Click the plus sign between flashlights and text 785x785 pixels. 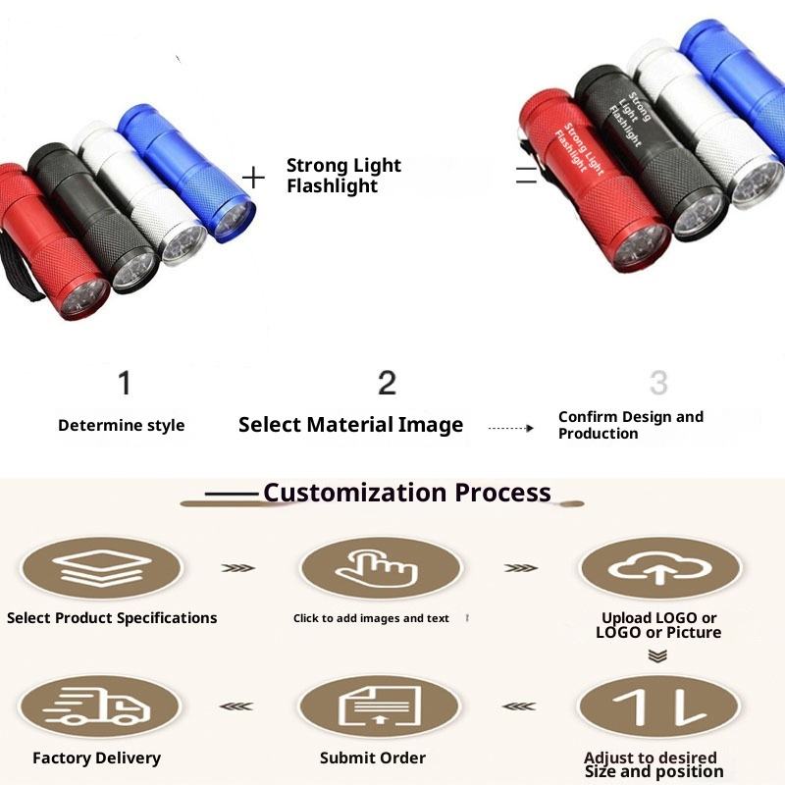[x=254, y=177]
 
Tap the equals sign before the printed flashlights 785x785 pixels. [x=527, y=177]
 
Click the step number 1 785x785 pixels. [x=124, y=383]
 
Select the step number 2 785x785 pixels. [x=387, y=383]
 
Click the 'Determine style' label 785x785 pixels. [x=121, y=425]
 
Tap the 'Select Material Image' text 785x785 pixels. [x=350, y=425]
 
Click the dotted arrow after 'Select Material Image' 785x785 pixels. [x=510, y=428]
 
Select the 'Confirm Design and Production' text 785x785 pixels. [x=630, y=425]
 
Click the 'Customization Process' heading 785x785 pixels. [x=406, y=492]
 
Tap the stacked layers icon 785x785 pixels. [x=100, y=568]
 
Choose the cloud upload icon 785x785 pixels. [x=658, y=568]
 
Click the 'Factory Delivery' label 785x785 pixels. [x=96, y=758]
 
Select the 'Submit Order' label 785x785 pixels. [x=373, y=758]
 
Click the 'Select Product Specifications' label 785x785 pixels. [x=112, y=618]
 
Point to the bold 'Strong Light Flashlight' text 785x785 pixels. [x=343, y=176]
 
